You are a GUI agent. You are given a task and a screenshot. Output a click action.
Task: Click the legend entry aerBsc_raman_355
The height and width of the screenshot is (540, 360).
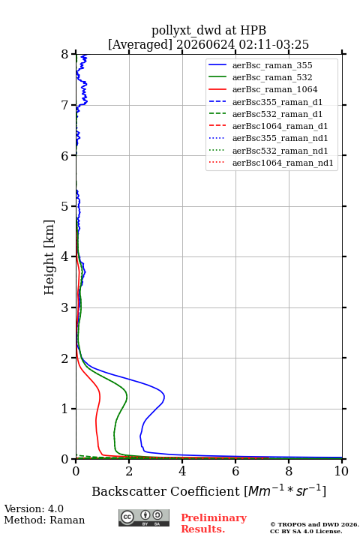272,65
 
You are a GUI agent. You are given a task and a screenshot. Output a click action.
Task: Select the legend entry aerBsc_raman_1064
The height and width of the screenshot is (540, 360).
275,89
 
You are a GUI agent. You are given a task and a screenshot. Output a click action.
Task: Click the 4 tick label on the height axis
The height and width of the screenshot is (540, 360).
65,256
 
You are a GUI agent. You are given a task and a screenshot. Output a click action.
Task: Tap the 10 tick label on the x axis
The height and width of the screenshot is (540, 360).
341,471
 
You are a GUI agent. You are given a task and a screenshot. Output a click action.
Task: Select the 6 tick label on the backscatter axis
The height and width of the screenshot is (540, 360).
235,471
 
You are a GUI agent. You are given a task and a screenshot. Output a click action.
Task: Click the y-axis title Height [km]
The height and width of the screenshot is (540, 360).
49,257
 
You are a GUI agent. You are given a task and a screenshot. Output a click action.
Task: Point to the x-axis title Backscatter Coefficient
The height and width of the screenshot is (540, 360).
166,491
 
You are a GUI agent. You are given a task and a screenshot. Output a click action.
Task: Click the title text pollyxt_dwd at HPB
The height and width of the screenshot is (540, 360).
208,30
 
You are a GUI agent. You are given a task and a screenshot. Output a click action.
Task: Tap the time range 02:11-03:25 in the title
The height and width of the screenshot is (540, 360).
272,45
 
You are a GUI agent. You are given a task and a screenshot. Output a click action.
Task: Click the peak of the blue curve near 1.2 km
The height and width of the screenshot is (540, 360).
164,397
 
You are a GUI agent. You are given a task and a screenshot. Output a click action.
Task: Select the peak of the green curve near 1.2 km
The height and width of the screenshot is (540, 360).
127,397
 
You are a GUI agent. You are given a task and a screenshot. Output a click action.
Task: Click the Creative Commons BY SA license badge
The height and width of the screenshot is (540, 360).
144,518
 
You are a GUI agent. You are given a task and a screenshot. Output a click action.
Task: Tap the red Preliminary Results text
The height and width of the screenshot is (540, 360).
214,523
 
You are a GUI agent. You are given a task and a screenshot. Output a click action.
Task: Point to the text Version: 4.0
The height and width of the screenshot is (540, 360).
34,508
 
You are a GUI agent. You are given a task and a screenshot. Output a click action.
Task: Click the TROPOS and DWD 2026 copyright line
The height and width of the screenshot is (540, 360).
314,524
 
